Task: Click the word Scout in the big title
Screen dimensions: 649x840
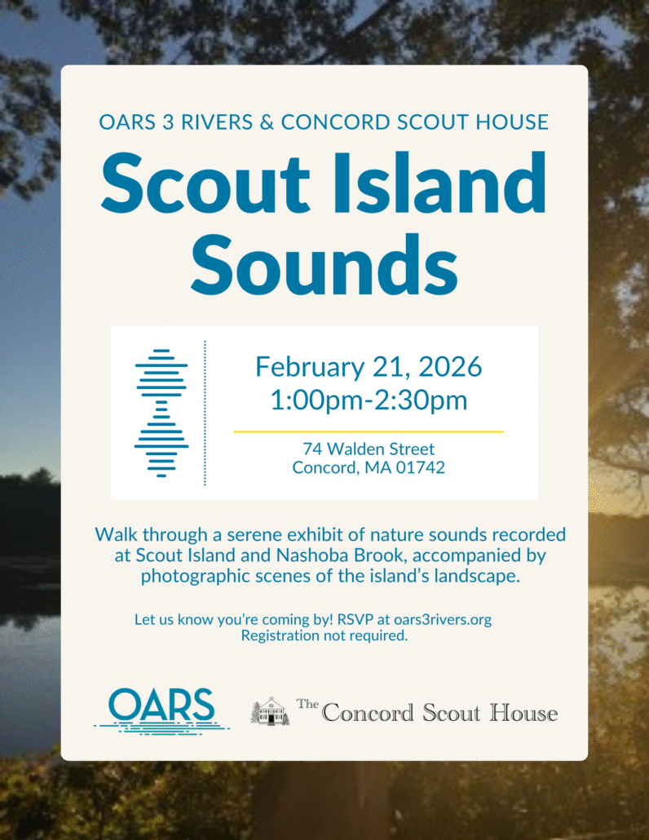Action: (205, 182)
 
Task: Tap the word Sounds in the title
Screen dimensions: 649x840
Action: (324, 264)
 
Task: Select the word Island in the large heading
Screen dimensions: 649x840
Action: (439, 182)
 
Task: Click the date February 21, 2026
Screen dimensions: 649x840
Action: (369, 367)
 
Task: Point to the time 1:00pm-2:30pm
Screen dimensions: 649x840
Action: (369, 400)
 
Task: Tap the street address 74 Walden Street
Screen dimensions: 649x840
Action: (369, 449)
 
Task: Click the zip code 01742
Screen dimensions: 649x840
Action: (421, 467)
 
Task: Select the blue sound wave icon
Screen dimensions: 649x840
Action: (161, 413)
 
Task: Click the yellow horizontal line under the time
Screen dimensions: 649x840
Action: (369, 431)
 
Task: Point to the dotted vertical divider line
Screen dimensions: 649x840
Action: (205, 413)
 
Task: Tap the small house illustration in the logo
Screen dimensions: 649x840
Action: (270, 711)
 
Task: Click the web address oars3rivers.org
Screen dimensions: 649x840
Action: (443, 620)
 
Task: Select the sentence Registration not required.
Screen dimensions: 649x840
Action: (324, 636)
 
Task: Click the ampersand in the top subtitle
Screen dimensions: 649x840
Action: (267, 122)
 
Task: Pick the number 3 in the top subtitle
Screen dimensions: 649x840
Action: (168, 122)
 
